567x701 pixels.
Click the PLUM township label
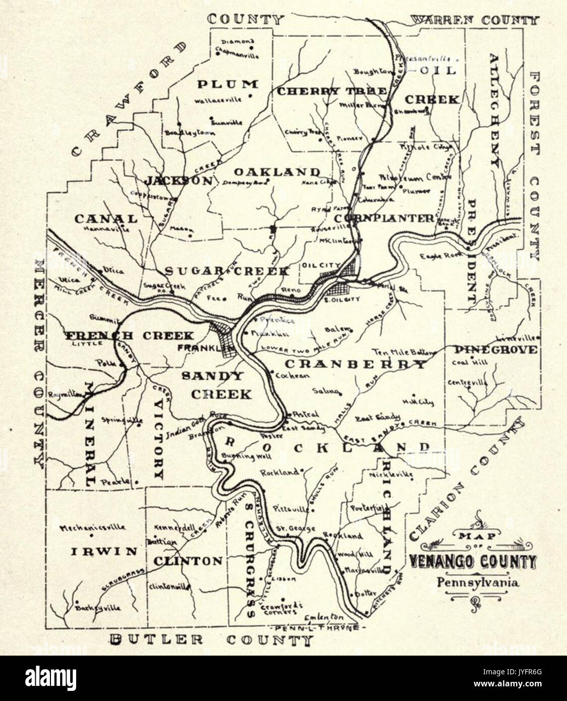(227, 84)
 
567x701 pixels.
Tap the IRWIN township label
(103, 551)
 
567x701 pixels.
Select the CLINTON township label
(188, 561)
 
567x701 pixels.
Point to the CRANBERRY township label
(355, 364)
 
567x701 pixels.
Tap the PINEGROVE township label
(495, 349)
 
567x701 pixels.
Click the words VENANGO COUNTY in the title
(472, 561)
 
